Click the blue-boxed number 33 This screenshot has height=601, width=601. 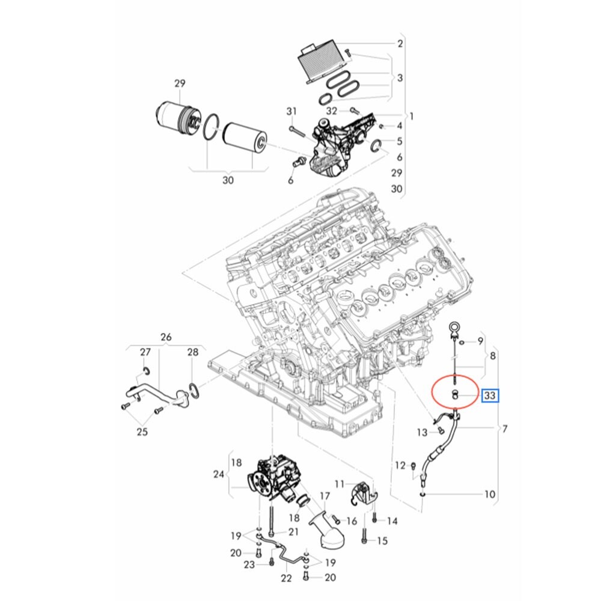pyautogui.click(x=490, y=395)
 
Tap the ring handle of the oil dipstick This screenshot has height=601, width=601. pyautogui.click(x=454, y=330)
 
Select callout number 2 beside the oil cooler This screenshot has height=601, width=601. pyautogui.click(x=400, y=43)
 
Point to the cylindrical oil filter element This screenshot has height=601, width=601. pyautogui.click(x=245, y=139)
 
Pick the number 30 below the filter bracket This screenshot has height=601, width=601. pyautogui.click(x=228, y=180)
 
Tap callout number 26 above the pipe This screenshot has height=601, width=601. pyautogui.click(x=166, y=337)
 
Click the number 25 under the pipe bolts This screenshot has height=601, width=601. pyautogui.click(x=142, y=432)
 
